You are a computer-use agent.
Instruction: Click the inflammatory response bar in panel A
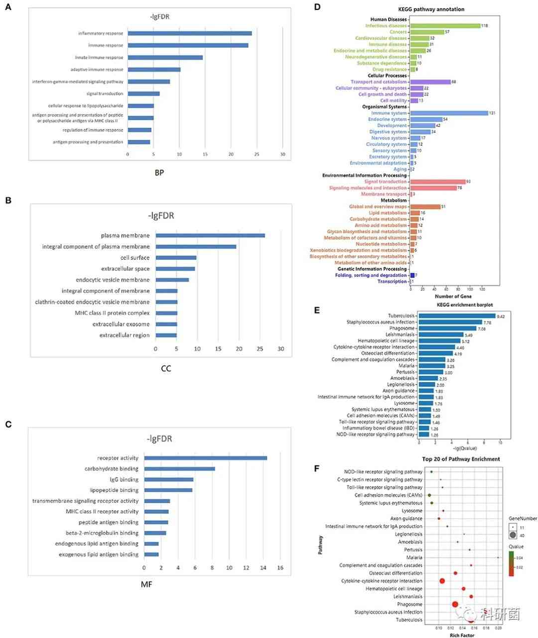pos(189,33)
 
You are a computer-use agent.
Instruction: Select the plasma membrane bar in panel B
pos(210,236)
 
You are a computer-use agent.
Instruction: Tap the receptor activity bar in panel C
pos(205,458)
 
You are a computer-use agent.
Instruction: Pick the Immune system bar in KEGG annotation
pos(449,113)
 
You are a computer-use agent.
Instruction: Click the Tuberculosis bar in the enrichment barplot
pos(457,316)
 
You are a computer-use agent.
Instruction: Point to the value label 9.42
pos(501,316)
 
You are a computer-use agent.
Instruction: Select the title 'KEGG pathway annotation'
pos(431,9)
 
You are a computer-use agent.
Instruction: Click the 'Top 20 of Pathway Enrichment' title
pos(461,459)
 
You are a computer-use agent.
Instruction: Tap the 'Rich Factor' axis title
pos(462,635)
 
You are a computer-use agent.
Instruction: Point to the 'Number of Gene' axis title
pos(453,296)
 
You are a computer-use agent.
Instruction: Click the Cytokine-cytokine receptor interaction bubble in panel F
pos(442,581)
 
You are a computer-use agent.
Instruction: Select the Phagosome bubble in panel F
pos(455,604)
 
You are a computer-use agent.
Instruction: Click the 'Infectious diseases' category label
pos(386,26)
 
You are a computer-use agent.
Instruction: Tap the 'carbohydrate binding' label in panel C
pos(112,469)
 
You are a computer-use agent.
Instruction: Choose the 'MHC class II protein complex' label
pos(112,313)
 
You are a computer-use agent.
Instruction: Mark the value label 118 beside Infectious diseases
pos(484,26)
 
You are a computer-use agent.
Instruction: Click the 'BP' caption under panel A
pos(159,173)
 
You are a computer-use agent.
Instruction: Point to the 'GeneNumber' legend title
pos(523,518)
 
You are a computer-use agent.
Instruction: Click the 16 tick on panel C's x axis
pos(280,568)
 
